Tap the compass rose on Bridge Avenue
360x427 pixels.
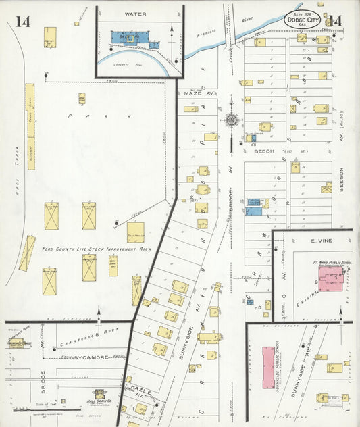[232, 121]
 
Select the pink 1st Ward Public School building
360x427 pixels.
[330, 278]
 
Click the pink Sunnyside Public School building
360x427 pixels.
[268, 368]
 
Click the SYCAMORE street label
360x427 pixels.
[89, 357]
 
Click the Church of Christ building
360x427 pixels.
[18, 343]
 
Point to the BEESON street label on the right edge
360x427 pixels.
[342, 180]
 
